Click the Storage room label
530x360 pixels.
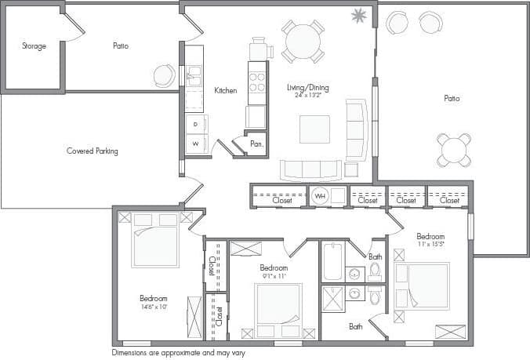pos(34,46)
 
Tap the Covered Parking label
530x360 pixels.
pos(92,151)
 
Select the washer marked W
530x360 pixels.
pos(195,144)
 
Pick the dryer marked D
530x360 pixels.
pos(195,124)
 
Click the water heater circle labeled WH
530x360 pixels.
pos(319,196)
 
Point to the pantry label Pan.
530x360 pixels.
pos(256,144)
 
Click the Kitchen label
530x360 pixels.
pos(225,91)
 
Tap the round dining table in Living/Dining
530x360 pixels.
pos(302,39)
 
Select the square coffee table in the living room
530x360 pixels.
pos(314,129)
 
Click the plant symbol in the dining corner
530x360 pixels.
pos(360,15)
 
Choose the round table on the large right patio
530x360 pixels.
pos(454,149)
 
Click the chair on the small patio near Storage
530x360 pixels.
pos(165,75)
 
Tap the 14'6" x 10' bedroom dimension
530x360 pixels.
pos(153,307)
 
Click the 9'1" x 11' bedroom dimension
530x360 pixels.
pos(274,275)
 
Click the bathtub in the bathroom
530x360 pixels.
pos(333,260)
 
